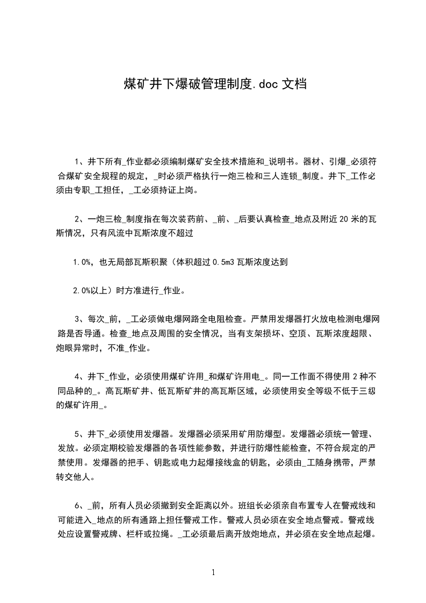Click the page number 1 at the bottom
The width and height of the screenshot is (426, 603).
click(213, 572)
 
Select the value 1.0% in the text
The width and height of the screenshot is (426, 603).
click(84, 263)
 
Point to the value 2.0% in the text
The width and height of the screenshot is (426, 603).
click(84, 291)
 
